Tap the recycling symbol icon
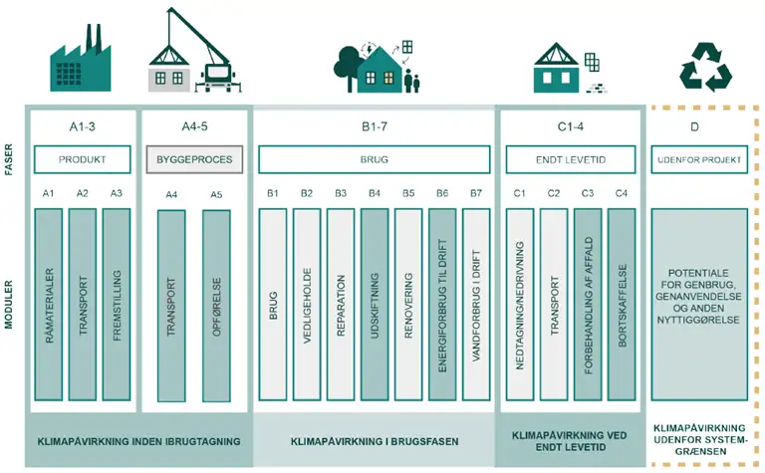click(x=705, y=67)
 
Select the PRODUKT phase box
click(x=83, y=159)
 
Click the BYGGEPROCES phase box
click(x=194, y=159)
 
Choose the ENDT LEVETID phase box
click(x=571, y=159)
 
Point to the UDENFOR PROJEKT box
click(x=699, y=159)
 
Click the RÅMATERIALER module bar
click(x=49, y=305)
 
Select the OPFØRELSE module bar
click(x=216, y=306)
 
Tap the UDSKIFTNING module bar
click(x=375, y=305)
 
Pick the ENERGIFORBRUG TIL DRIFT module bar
click(x=442, y=305)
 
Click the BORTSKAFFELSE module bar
click(x=622, y=305)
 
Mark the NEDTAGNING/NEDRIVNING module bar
click(x=520, y=305)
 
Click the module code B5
click(x=408, y=193)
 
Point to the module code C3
click(x=588, y=193)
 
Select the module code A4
click(x=171, y=195)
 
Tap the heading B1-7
click(x=375, y=126)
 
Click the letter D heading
click(x=694, y=126)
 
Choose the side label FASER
click(x=8, y=159)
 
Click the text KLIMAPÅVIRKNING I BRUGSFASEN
click(x=375, y=442)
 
